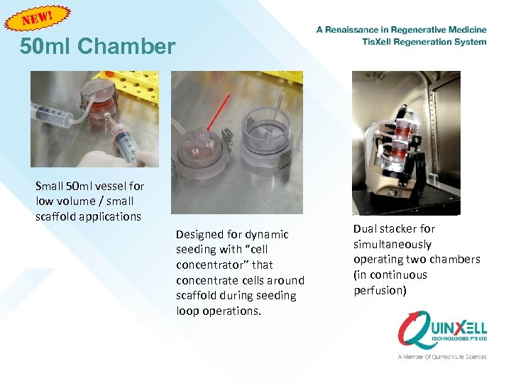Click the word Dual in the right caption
click(366, 229)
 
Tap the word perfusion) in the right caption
click(380, 290)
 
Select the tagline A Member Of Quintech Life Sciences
click(441, 357)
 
